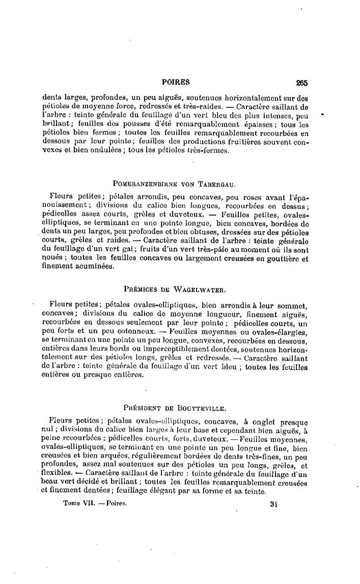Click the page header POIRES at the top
tap(175, 82)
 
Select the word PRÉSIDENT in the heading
tap(143, 408)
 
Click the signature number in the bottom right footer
tap(277, 503)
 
